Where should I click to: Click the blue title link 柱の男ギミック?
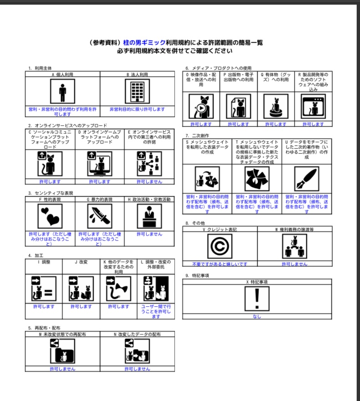[143, 43]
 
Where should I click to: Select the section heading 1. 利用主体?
[40, 68]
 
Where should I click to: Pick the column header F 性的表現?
[50, 199]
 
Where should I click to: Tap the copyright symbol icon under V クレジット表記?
[220, 247]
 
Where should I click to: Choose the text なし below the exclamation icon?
[257, 317]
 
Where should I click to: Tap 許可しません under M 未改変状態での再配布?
[62, 369]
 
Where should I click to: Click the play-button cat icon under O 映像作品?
[201, 107]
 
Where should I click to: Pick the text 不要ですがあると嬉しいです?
[220, 264]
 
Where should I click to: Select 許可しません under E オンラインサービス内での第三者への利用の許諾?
[149, 181]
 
